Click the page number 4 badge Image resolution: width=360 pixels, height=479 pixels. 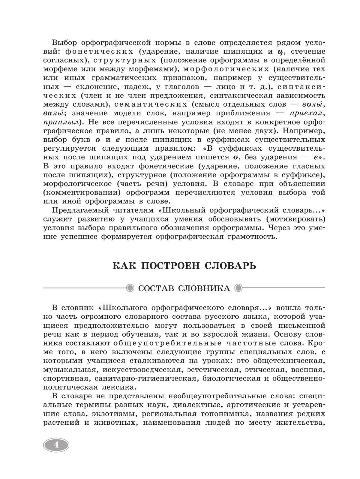pyautogui.click(x=56, y=444)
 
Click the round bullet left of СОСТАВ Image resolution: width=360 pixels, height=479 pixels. pyautogui.click(x=130, y=288)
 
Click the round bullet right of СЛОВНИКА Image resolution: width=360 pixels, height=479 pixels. pyautogui.click(x=238, y=288)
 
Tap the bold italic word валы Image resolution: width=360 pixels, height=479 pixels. pyautogui.click(x=53, y=113)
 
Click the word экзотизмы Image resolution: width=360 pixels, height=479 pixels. pyautogui.click(x=112, y=414)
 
